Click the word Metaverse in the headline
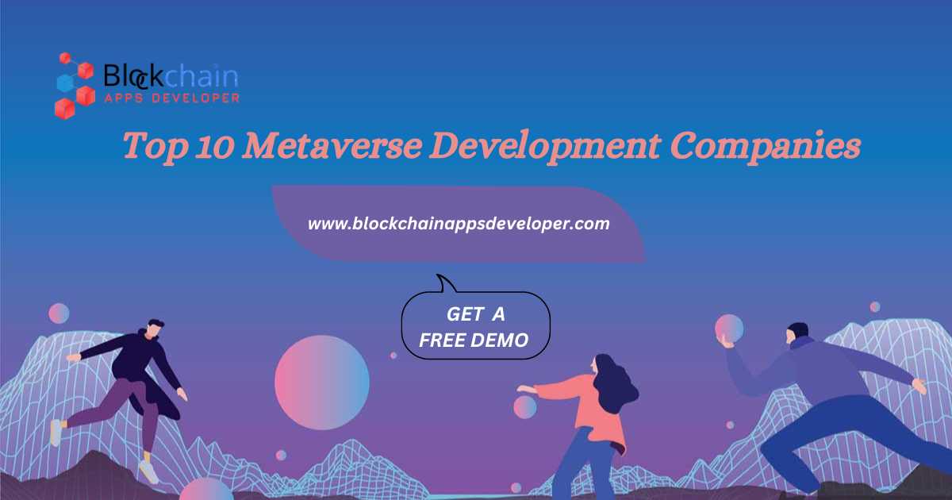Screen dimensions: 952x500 pyautogui.click(x=333, y=146)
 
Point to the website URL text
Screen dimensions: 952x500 pyautogui.click(x=459, y=224)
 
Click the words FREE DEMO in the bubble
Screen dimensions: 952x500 pyautogui.click(x=474, y=340)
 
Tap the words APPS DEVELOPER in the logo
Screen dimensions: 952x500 pyautogui.click(x=171, y=98)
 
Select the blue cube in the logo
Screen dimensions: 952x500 pyautogui.click(x=65, y=83)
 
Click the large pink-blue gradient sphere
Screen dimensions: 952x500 pyautogui.click(x=322, y=383)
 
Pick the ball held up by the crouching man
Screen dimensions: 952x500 pyautogui.click(x=729, y=329)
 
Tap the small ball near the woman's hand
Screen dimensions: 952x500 pyautogui.click(x=525, y=407)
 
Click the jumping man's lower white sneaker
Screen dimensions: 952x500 pyautogui.click(x=149, y=472)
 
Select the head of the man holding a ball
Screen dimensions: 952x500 pyautogui.click(x=797, y=333)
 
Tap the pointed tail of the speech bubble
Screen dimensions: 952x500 pyautogui.click(x=438, y=275)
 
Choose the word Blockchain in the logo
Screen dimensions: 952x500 pyautogui.click(x=171, y=76)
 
